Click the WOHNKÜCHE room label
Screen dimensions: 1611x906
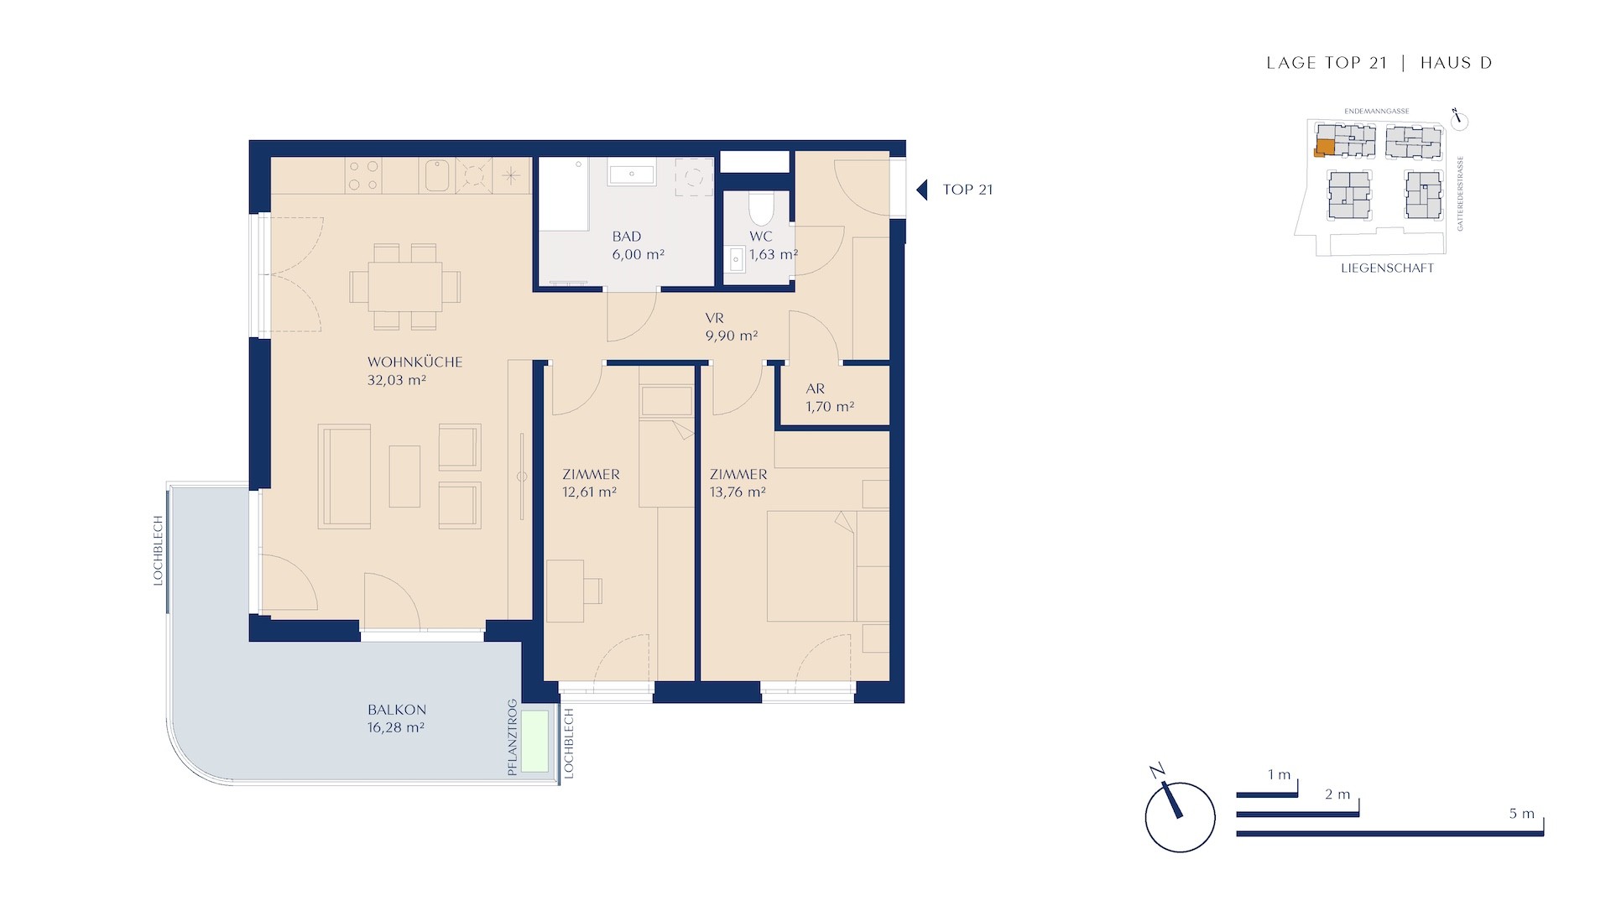414,362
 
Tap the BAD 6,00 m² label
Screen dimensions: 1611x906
638,246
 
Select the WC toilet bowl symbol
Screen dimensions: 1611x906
761,209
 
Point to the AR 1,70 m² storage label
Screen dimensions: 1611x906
829,398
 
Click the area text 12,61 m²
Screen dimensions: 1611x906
589,492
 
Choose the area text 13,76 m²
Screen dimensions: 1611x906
738,492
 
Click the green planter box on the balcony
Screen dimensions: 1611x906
535,742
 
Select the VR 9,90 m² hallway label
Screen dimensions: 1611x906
731,327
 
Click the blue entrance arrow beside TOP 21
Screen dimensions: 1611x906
922,190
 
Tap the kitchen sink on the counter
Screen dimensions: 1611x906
437,175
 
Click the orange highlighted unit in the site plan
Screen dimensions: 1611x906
1324,148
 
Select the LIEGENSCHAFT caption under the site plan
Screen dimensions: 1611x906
1387,268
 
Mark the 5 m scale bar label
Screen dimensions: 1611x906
1521,814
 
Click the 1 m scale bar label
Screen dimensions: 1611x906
1279,775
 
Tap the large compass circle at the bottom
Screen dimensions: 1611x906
1180,818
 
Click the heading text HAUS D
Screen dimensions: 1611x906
1456,63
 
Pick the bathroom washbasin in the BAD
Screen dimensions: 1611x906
631,175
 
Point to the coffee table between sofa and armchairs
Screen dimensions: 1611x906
404,476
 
